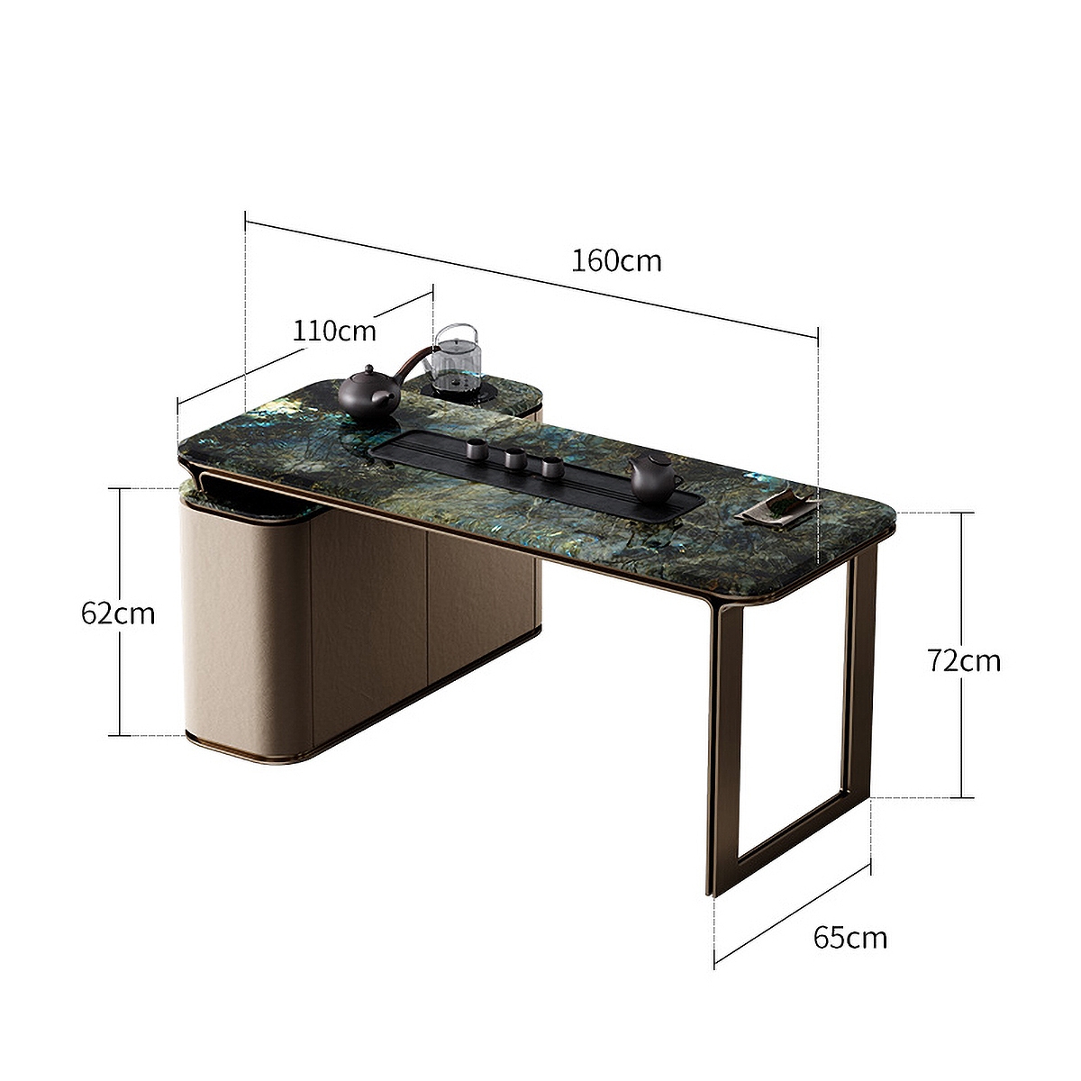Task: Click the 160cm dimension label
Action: [616, 261]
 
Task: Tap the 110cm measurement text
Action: [334, 331]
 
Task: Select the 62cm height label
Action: [118, 613]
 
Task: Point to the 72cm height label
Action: [964, 660]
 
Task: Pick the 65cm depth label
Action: [849, 938]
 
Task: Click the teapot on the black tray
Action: [655, 477]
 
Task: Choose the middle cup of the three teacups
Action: [515, 458]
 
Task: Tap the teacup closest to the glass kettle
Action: [475, 448]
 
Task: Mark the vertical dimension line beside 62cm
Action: [119, 676]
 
